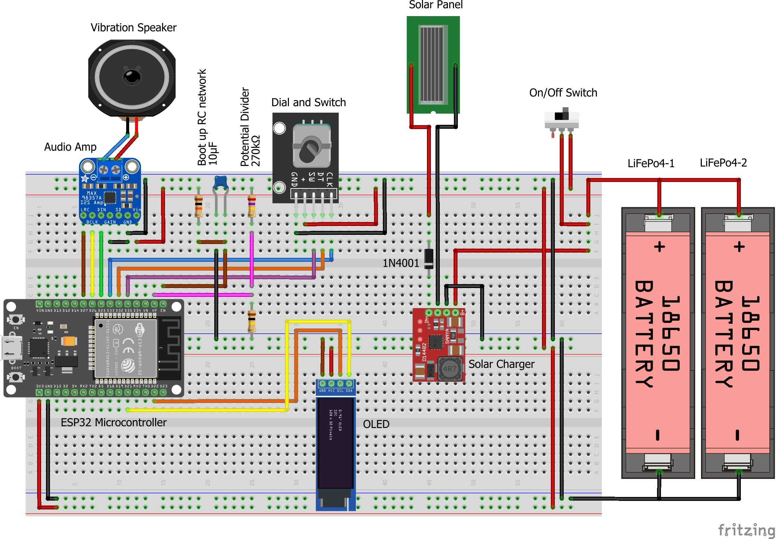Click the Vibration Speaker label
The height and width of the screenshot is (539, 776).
pyautogui.click(x=133, y=28)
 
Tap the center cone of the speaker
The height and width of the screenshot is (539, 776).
pyautogui.click(x=132, y=77)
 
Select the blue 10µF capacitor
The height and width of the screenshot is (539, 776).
pyautogui.click(x=220, y=182)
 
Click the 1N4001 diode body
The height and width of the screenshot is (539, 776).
pyautogui.click(x=429, y=259)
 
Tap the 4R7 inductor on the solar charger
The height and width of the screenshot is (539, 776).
pyautogui.click(x=450, y=369)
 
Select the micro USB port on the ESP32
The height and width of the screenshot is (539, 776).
pyautogui.click(x=12, y=348)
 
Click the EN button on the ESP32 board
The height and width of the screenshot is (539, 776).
pyautogui.click(x=15, y=319)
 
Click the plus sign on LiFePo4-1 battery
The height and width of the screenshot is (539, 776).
pyautogui.click(x=659, y=247)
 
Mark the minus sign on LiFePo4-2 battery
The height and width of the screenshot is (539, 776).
pyautogui.click(x=737, y=435)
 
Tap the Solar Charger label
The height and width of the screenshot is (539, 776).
pyautogui.click(x=501, y=364)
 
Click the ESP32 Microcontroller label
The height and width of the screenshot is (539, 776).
pyautogui.click(x=114, y=422)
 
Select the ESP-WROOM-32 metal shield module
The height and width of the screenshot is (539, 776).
pyautogui.click(x=126, y=348)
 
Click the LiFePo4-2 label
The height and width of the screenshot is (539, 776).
pyautogui.click(x=723, y=163)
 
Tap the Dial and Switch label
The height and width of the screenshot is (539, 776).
pyautogui.click(x=308, y=102)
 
